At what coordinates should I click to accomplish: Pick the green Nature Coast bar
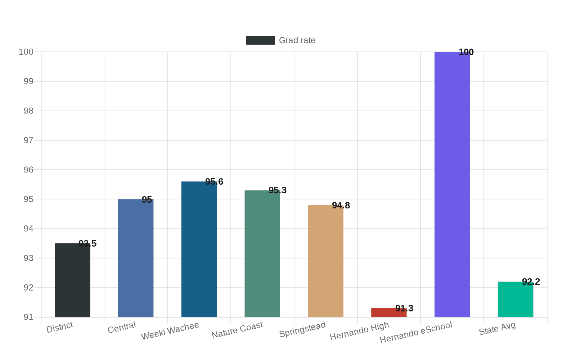(x=262, y=253)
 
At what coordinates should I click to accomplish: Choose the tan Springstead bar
(x=325, y=261)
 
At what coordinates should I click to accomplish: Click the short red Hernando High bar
(x=389, y=312)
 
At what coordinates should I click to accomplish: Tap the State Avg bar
(x=516, y=300)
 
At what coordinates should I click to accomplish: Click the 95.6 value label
(x=214, y=182)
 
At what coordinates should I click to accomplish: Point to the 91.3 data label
(x=404, y=309)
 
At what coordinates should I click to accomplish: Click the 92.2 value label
(x=531, y=282)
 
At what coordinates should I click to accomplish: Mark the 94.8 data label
(x=341, y=206)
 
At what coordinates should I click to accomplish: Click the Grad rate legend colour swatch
(x=260, y=40)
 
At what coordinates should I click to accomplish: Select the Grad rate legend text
(x=297, y=40)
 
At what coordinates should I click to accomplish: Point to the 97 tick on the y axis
(x=28, y=140)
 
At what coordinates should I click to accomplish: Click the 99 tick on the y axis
(x=28, y=81)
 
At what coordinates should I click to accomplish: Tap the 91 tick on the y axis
(x=28, y=317)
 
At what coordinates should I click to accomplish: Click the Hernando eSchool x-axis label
(x=416, y=332)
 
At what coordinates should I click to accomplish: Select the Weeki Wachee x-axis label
(x=170, y=331)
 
